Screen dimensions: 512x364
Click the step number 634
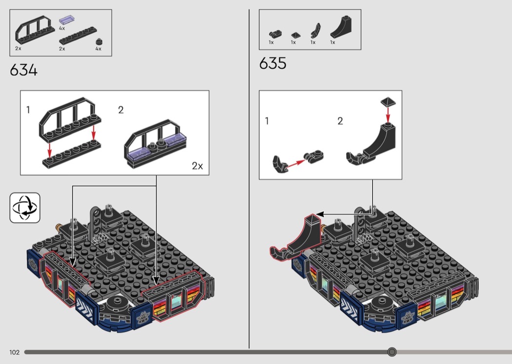click(x=23, y=70)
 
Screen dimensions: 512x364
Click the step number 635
click(x=273, y=63)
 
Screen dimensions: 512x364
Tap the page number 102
click(x=14, y=352)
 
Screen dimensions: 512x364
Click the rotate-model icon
click(x=25, y=208)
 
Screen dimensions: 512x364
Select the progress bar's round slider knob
click(x=392, y=352)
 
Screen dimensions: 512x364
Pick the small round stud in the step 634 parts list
click(x=99, y=41)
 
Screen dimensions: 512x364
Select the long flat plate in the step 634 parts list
click(x=78, y=36)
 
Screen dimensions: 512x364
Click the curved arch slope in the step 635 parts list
click(x=341, y=27)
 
